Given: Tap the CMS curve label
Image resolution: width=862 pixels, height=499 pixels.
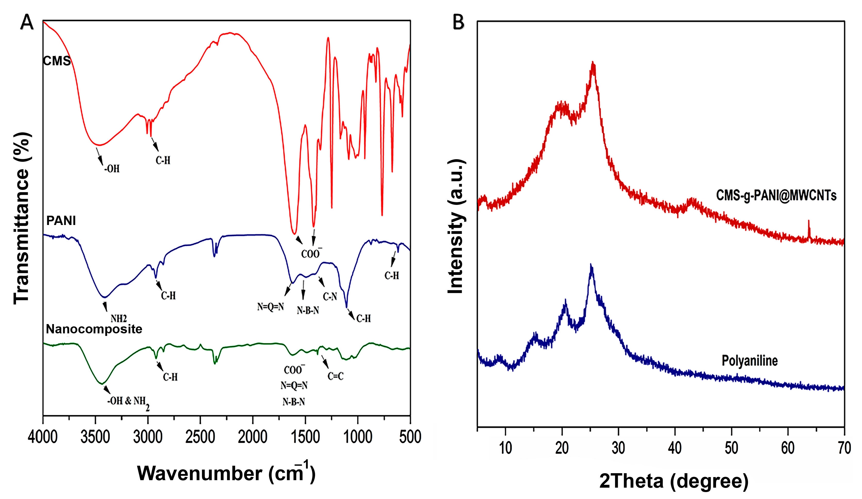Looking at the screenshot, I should click(56, 61).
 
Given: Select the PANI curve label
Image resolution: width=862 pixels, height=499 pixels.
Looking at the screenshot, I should click(61, 221).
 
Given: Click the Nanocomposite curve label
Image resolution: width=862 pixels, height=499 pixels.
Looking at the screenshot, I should click(94, 329).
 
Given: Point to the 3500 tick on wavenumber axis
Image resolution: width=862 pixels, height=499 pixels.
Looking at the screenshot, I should click(95, 437).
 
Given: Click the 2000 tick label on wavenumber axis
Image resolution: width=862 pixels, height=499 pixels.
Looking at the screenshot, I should click(253, 437).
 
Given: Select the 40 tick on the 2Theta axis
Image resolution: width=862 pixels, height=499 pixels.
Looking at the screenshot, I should click(675, 448).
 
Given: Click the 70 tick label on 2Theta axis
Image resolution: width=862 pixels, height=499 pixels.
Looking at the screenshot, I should click(844, 448).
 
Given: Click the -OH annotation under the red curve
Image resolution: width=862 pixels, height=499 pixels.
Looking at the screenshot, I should click(112, 169).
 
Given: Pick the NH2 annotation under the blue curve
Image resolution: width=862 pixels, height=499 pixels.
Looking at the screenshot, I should click(118, 319).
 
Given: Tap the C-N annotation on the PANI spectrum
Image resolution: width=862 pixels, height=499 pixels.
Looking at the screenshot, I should click(330, 296).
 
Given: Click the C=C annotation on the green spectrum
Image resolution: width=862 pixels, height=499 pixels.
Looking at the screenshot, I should click(335, 376).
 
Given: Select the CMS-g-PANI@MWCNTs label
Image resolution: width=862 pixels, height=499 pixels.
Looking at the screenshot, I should click(776, 195).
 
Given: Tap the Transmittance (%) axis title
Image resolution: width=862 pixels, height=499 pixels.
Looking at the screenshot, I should click(22, 218).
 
